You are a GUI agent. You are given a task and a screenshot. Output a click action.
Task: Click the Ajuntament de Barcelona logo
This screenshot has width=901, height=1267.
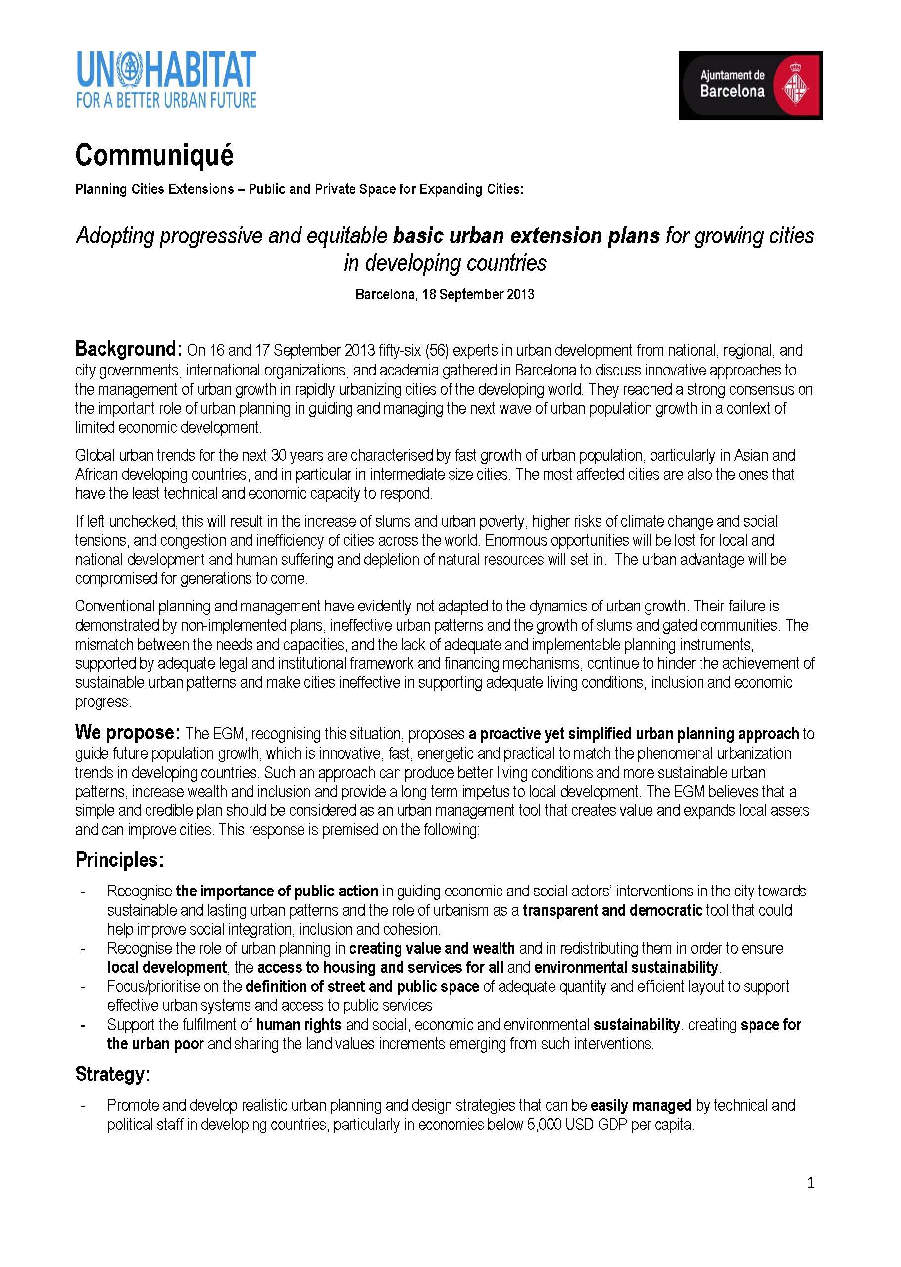[x=750, y=86]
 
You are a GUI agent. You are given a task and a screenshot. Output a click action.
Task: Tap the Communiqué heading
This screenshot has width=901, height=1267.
[x=154, y=155]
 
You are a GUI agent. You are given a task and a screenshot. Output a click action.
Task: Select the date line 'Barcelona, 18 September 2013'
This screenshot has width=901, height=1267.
[x=445, y=294]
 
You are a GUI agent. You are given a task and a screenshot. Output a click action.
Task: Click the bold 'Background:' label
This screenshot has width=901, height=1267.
[x=129, y=349]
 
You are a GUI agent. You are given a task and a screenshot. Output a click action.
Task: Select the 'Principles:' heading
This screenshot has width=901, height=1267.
[x=120, y=860]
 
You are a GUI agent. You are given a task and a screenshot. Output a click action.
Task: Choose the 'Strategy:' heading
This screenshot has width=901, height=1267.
[x=113, y=1074]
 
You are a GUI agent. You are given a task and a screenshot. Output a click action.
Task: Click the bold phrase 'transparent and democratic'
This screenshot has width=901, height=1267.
[x=612, y=910]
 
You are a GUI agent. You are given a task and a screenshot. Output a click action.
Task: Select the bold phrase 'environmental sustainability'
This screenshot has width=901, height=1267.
[x=626, y=967]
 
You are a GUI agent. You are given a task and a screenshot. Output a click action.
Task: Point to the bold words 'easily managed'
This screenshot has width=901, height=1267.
[x=641, y=1105]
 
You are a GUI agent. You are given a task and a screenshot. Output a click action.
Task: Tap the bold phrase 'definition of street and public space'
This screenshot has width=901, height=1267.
[x=362, y=986]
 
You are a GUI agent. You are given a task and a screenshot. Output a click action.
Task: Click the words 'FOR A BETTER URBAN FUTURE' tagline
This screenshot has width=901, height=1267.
[x=166, y=100]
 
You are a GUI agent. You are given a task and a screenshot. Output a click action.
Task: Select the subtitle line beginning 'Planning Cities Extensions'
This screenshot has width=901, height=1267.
[x=299, y=189]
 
